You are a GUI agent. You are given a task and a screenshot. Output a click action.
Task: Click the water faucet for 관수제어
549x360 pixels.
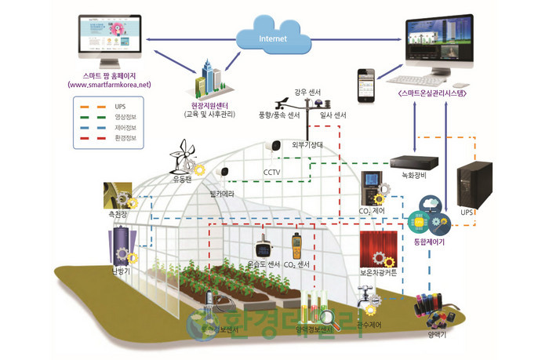pyautogui.click(x=365, y=297)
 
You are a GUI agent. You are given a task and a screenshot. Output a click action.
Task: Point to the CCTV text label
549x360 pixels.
pyautogui.click(x=272, y=172)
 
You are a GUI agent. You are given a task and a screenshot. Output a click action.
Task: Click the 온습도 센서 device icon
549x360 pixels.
pyautogui.click(x=264, y=247)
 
